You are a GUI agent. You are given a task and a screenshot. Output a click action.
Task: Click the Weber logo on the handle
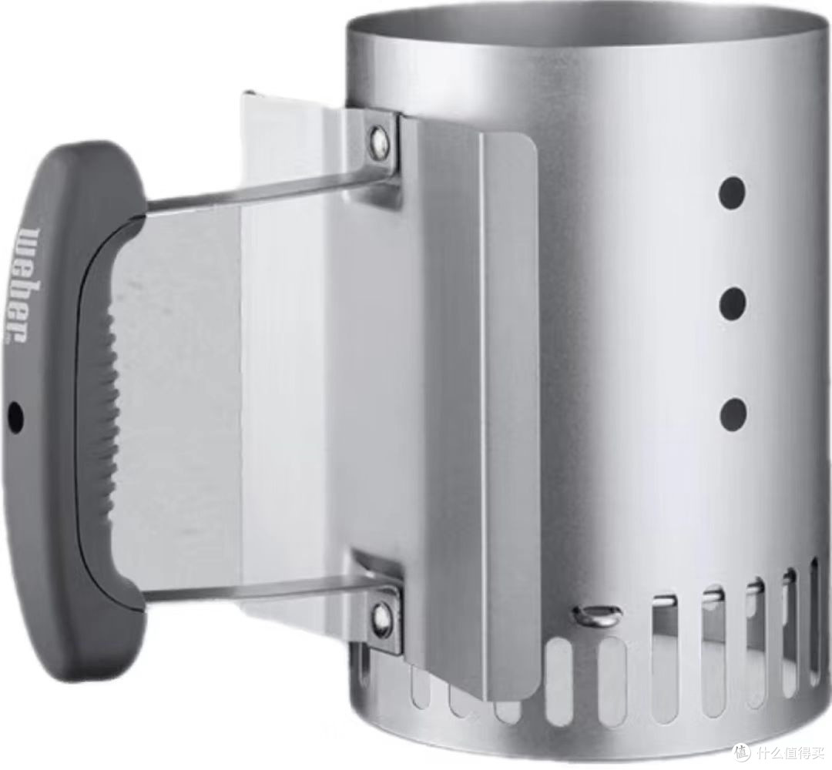(23, 285)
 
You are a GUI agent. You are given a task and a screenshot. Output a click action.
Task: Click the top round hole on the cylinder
(732, 193)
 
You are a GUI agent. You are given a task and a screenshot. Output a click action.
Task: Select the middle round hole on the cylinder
(733, 303)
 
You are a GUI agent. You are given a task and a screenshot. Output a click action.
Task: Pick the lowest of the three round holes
(733, 413)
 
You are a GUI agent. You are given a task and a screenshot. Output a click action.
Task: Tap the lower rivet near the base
(381, 614)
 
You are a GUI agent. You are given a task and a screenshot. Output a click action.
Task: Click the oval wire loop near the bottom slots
(595, 614)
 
